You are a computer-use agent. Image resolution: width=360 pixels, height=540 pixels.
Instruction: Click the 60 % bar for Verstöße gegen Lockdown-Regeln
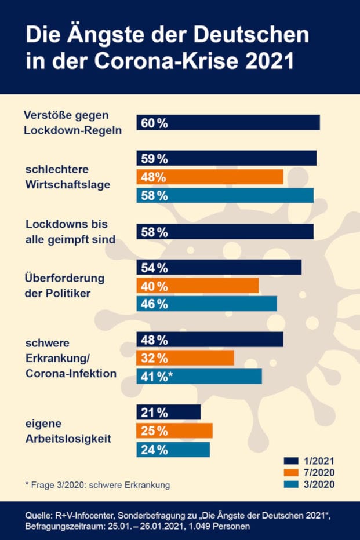tap(228, 122)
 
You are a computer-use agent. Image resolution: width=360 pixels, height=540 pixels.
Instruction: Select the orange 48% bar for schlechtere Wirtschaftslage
tap(210, 177)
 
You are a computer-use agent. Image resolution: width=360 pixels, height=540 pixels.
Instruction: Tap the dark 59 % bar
tap(227, 158)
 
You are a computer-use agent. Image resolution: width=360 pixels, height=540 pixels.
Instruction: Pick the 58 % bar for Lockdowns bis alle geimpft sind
tap(225, 232)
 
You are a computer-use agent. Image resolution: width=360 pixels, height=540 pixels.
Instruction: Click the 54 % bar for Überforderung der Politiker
tap(219, 267)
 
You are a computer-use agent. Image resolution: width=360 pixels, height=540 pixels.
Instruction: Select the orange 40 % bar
tap(198, 286)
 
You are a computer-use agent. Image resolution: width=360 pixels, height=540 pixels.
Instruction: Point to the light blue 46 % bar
tap(207, 304)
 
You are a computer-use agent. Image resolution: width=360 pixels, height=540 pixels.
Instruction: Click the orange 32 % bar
tap(186, 357)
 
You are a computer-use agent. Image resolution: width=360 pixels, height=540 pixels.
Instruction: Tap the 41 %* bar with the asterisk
tap(199, 376)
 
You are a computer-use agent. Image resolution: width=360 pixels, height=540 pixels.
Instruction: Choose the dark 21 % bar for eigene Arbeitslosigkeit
tap(169, 412)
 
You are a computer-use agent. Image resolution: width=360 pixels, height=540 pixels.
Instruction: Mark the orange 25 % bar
tap(174, 430)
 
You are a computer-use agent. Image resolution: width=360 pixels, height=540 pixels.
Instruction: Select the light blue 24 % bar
tap(173, 450)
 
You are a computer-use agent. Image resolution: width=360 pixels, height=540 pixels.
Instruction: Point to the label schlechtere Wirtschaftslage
tap(68, 177)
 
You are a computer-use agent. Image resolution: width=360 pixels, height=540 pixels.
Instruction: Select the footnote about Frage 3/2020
tap(97, 484)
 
